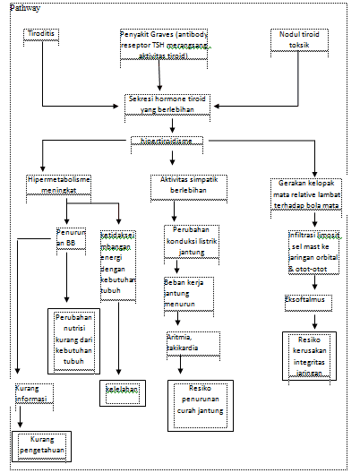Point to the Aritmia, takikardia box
pos(187,341)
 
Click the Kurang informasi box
pos(34,395)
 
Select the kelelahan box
pos(117,391)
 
